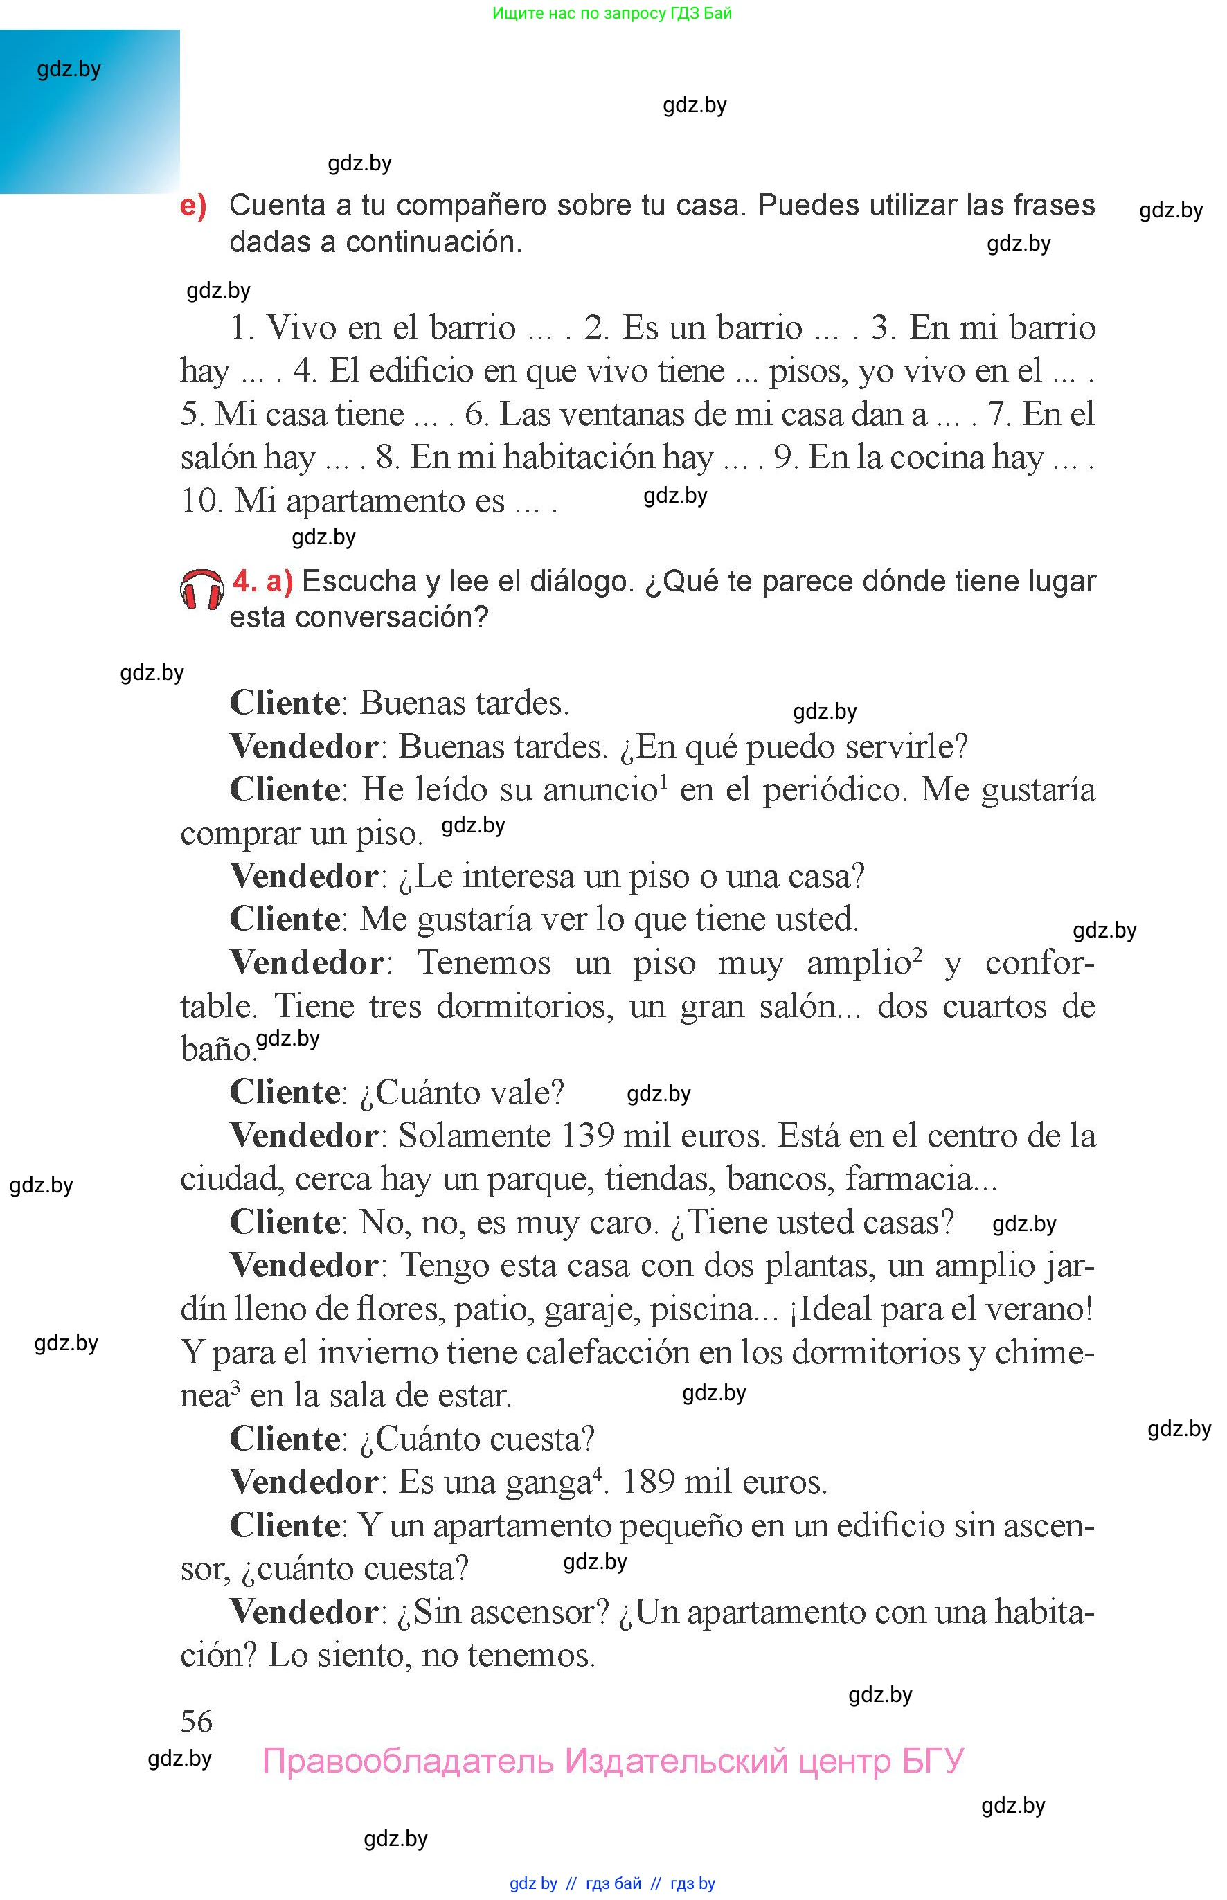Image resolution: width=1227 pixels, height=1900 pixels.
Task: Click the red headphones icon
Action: tap(201, 591)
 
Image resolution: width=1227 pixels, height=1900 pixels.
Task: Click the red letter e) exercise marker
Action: tap(192, 206)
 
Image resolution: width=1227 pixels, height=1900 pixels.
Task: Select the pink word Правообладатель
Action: tap(407, 1761)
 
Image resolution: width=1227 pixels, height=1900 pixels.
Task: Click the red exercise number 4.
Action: tap(244, 582)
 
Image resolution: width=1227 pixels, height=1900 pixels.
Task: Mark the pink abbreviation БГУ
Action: tap(932, 1761)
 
